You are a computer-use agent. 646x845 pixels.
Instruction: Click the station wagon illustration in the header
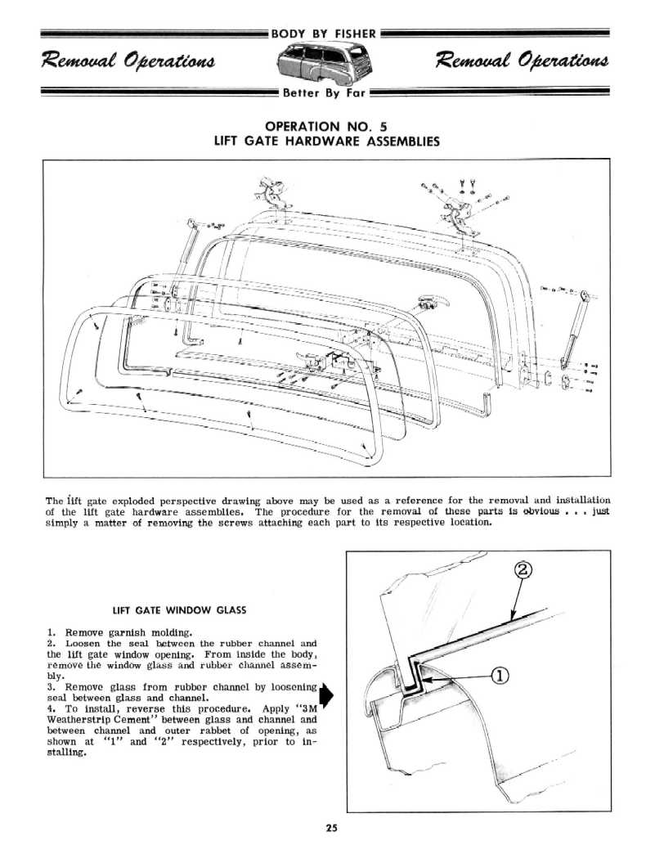(323, 64)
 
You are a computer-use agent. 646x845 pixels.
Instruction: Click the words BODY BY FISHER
(323, 34)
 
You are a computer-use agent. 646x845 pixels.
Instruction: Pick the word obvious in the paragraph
(536, 512)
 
